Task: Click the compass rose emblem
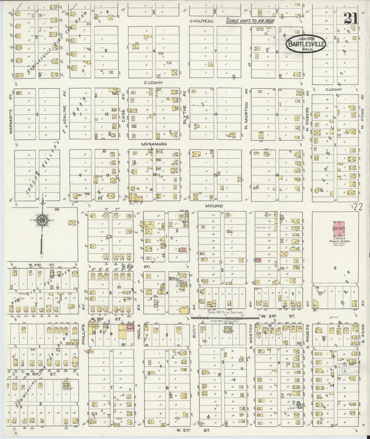tap(42, 221)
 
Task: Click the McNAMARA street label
tap(154, 144)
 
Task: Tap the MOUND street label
tap(214, 206)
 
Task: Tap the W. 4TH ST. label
tap(41, 374)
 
